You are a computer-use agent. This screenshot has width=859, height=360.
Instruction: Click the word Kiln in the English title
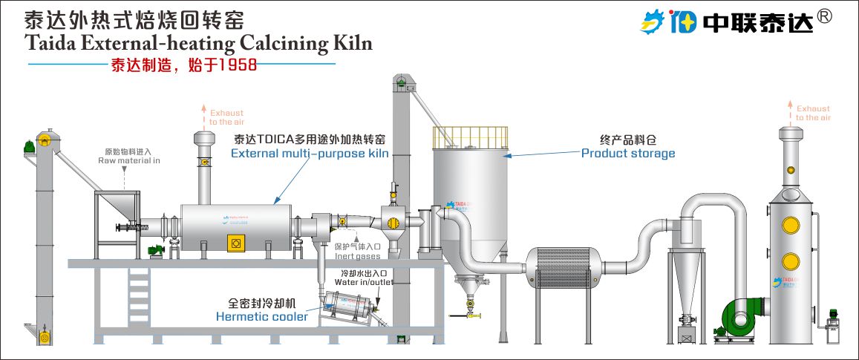349,44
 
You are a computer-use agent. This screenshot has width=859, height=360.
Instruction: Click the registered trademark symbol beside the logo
845,16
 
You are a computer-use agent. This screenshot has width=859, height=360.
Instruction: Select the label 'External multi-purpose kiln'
310,154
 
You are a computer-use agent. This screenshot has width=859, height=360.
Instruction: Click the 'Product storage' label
628,154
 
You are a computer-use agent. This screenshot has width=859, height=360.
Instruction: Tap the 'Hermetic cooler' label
261,317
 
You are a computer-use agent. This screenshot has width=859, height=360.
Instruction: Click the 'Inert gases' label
357,257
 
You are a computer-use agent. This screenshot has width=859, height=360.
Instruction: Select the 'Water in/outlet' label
364,282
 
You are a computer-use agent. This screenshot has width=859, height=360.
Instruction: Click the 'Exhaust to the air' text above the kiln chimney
226,117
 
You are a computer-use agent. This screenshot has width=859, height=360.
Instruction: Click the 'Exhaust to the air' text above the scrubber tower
813,113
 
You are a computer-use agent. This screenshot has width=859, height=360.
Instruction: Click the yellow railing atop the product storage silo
471,136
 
